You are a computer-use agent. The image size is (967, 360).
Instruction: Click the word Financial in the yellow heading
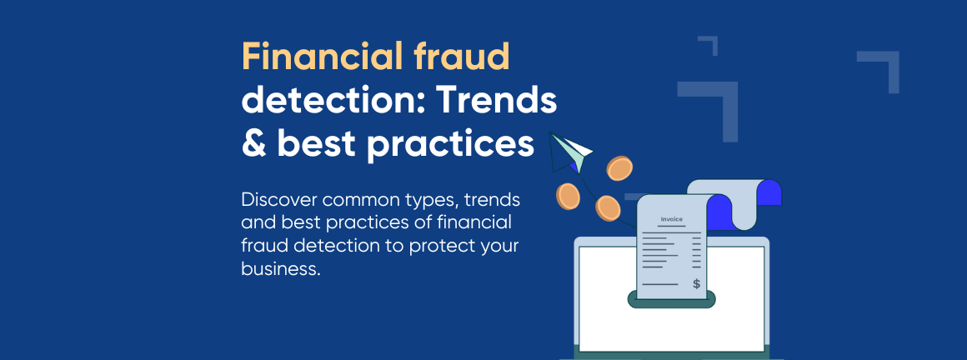320,57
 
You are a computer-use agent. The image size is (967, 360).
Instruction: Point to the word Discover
278,200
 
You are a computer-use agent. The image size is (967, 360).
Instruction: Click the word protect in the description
440,247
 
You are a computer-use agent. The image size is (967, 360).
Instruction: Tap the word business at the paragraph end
281,269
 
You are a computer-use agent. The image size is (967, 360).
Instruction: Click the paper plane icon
570,151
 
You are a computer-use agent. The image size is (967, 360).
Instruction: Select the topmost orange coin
619,168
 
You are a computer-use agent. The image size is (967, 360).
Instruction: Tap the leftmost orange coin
568,196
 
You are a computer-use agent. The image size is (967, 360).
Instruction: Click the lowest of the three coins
608,208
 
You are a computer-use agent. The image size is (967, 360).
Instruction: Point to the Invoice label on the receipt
672,219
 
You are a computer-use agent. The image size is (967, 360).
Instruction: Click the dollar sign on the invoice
696,283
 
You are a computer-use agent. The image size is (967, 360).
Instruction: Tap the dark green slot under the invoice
672,300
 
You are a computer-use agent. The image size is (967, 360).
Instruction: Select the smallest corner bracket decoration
708,46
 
